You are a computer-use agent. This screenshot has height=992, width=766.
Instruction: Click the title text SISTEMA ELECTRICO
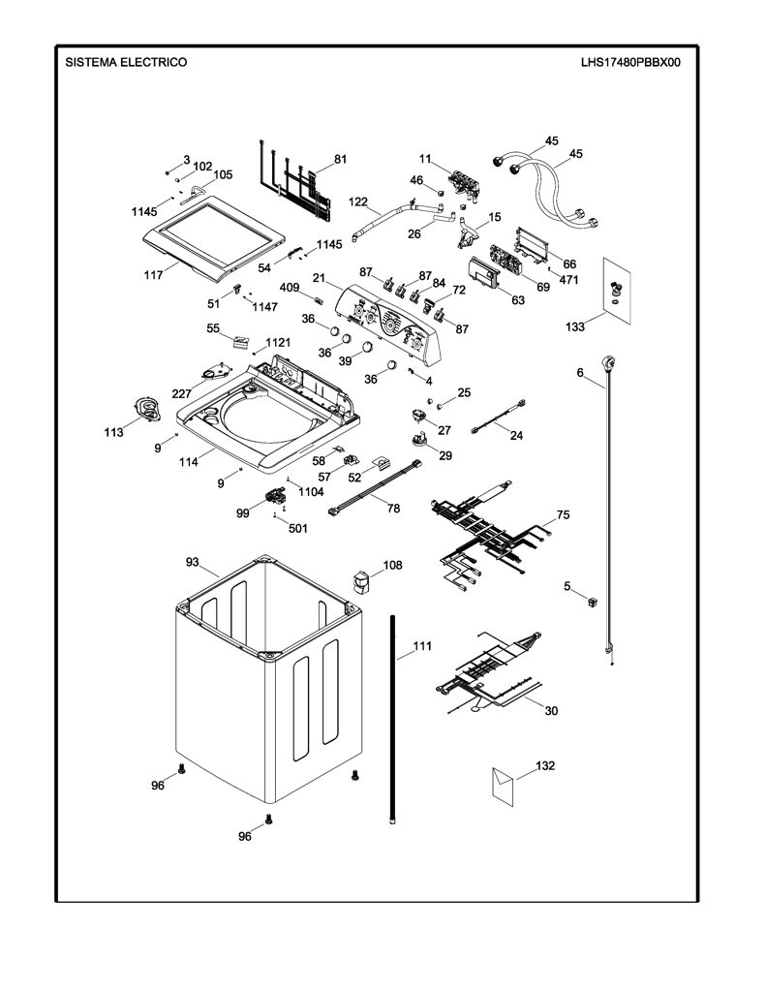[x=126, y=62]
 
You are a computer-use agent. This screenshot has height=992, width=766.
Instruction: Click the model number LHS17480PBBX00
[x=630, y=62]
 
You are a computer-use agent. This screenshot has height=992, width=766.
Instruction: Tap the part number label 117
[x=154, y=275]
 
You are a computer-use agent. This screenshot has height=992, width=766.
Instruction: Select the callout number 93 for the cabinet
[x=193, y=562]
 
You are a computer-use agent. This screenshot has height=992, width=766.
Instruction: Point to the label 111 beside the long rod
[x=422, y=646]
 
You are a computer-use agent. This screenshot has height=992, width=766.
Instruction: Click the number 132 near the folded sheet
[x=544, y=765]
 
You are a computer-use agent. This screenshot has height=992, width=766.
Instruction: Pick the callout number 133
[x=575, y=326]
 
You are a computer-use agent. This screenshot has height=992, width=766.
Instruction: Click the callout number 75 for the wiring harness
[x=563, y=514]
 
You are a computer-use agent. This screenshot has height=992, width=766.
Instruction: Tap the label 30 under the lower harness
[x=552, y=710]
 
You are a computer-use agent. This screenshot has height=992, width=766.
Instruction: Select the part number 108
[x=393, y=565]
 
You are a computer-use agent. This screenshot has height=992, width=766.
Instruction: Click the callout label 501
[x=298, y=528]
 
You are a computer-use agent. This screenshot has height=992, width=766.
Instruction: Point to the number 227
[x=181, y=393]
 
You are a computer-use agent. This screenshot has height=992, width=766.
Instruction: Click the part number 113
[x=114, y=433]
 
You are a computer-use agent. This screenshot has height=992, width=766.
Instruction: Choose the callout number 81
[x=340, y=160]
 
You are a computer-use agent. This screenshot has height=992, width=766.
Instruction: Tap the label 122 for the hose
[x=358, y=201]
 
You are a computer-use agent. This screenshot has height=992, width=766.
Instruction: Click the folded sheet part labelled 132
[x=503, y=787]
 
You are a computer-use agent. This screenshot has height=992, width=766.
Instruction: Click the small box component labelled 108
[x=360, y=582]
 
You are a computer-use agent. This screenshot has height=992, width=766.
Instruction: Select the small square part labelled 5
[x=593, y=601]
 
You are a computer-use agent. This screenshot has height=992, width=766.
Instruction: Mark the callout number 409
[x=290, y=288]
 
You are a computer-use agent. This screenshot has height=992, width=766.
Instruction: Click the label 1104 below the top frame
[x=311, y=491]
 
